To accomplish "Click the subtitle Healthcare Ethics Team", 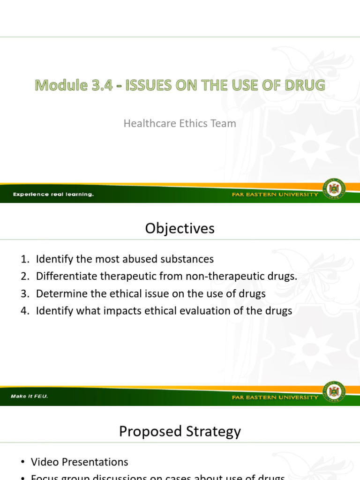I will coord(180,124).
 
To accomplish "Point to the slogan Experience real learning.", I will coord(53,195).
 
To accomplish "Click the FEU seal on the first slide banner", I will coord(334,189).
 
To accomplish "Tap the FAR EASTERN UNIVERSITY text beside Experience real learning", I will coord(275,195).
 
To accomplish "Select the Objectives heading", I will coord(180,228).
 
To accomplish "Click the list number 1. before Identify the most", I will coord(25,259).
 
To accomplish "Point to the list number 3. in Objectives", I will coord(25,294).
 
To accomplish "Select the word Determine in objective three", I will coord(59,294).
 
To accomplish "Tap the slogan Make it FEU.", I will coord(30,397).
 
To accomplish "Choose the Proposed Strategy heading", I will coord(180,431).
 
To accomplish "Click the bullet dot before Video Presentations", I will coord(22,462).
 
